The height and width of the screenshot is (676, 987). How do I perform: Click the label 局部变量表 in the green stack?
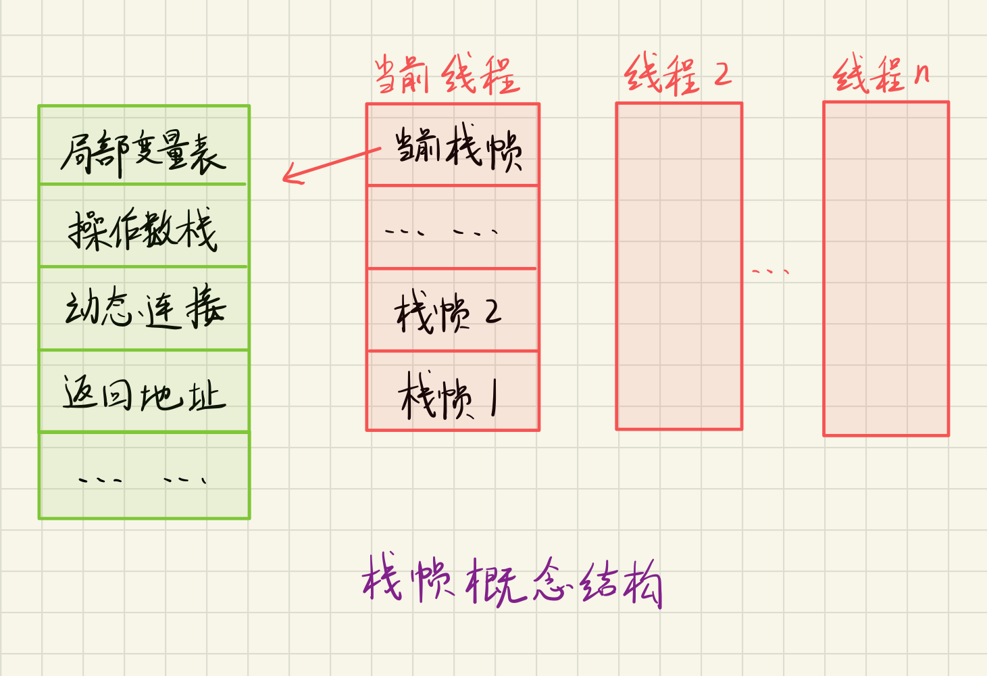143,152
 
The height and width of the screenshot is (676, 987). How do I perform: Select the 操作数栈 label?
143,230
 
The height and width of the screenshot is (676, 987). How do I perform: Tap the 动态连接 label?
145,308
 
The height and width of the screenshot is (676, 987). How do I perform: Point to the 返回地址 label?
143,393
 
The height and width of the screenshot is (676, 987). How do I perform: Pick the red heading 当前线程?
447,74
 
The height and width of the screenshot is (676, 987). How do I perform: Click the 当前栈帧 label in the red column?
458,147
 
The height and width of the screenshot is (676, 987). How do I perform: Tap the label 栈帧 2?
447,312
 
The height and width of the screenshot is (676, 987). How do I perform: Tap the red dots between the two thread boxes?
770,272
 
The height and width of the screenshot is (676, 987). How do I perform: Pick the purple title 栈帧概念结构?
511,581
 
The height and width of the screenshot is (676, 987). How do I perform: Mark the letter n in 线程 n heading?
921,73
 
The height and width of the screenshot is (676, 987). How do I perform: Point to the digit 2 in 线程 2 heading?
722,74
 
